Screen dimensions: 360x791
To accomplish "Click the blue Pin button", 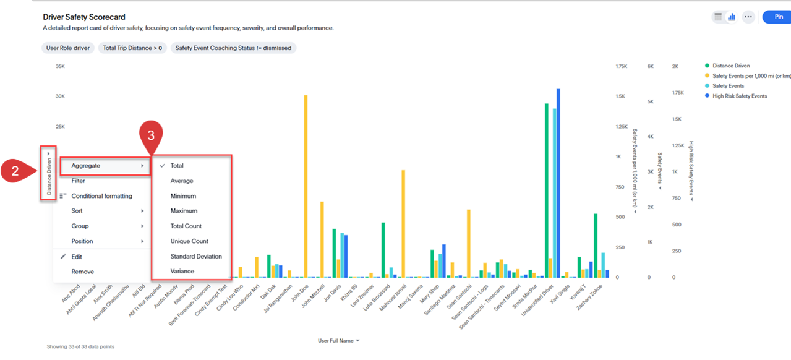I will pyautogui.click(x=777, y=17).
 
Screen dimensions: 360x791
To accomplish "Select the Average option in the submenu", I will pyautogui.click(x=182, y=181).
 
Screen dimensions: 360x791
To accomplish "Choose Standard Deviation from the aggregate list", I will pyautogui.click(x=196, y=256).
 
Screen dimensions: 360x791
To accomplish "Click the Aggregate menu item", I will pyautogui.click(x=86, y=166).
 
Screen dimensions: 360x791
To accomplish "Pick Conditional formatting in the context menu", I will pyautogui.click(x=101, y=196).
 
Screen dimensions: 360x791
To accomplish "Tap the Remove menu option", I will pyautogui.click(x=82, y=272).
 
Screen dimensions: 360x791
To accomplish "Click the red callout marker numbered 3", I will pyautogui.click(x=150, y=134).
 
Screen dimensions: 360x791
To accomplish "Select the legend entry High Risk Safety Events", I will pyautogui.click(x=739, y=96).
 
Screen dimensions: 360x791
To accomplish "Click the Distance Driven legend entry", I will pyautogui.click(x=731, y=66).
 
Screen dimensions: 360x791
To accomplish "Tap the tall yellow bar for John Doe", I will pyautogui.click(x=306, y=186).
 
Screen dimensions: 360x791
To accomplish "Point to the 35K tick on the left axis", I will pyautogui.click(x=60, y=66).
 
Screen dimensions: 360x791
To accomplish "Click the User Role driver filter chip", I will pyautogui.click(x=68, y=48).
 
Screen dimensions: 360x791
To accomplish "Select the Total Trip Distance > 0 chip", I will pyautogui.click(x=132, y=48).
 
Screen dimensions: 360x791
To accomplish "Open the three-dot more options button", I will pyautogui.click(x=748, y=17).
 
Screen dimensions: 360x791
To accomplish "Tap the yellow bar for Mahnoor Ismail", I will pyautogui.click(x=403, y=223).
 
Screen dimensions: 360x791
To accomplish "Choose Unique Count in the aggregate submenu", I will pyautogui.click(x=189, y=241).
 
